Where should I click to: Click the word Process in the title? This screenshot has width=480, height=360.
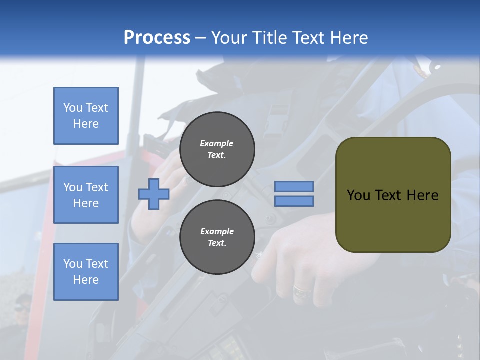157,38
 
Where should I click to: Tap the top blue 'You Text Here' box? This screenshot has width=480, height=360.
86,116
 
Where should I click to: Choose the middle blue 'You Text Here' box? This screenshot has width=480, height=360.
86,195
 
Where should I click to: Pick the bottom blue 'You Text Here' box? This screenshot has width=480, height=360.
86,272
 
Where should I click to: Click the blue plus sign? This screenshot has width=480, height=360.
154,194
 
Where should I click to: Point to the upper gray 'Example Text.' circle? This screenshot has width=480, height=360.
217,149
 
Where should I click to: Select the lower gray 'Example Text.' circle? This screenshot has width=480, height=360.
217,237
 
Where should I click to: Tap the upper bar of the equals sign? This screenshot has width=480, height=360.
294,186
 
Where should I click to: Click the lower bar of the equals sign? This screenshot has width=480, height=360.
294,201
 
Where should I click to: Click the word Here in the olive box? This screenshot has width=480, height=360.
422,195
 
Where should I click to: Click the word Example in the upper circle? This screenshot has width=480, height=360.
217,143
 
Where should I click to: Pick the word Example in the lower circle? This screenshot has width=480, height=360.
217,231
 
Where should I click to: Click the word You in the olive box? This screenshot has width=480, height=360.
358,195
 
